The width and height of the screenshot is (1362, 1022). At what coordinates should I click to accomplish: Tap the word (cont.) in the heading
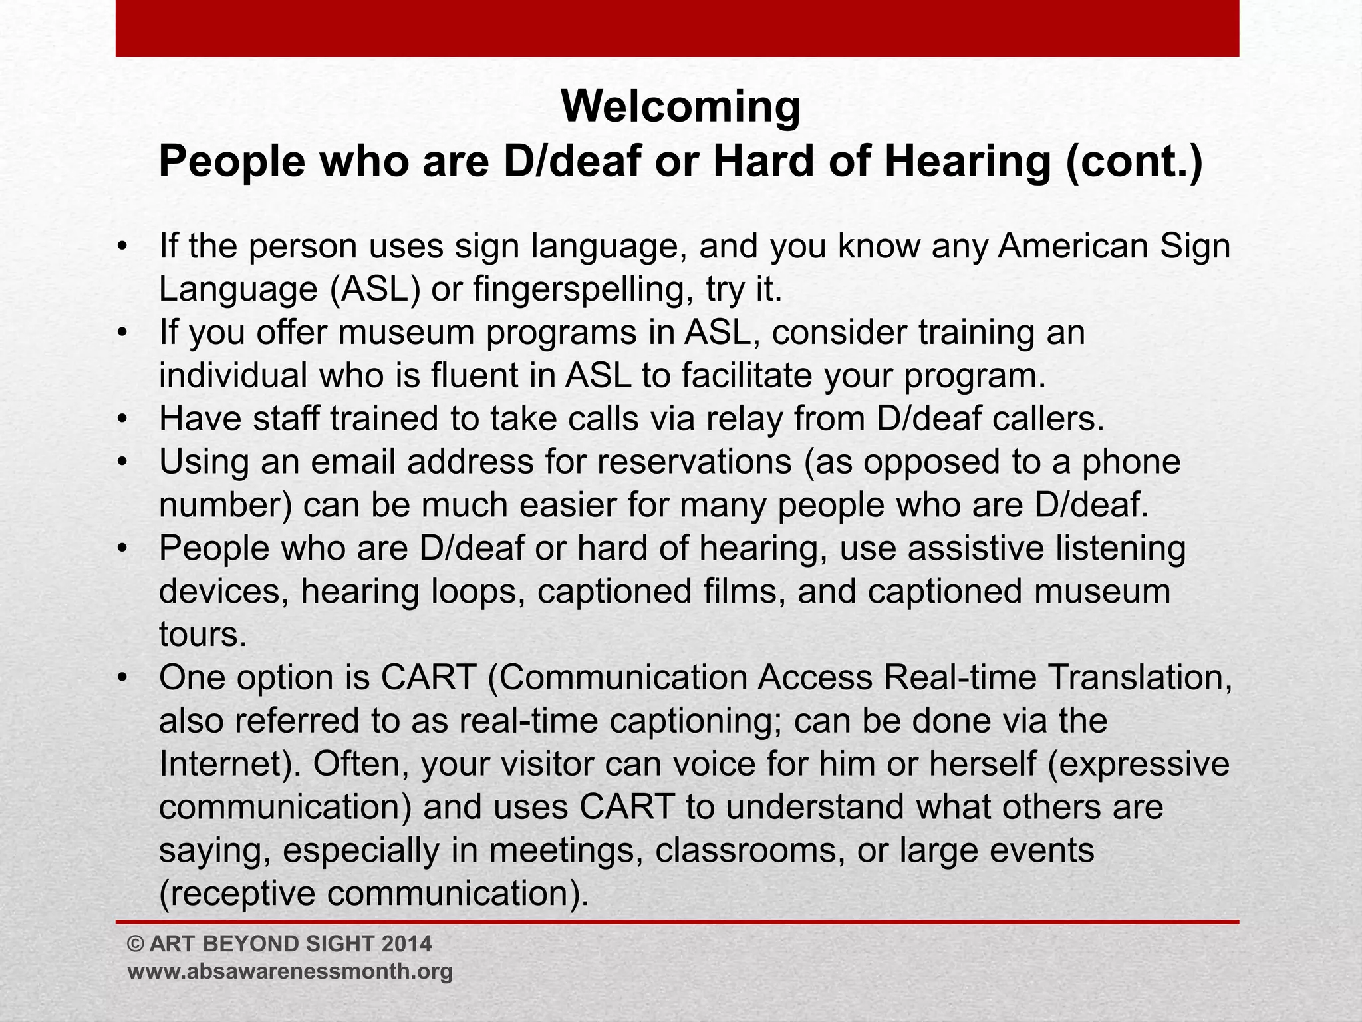[x=1135, y=163]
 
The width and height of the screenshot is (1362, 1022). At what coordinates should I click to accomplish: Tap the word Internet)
[x=230, y=765]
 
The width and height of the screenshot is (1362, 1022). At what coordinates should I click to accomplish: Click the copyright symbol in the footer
[x=135, y=943]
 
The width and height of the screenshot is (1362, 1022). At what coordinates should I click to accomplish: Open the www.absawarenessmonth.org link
[x=290, y=971]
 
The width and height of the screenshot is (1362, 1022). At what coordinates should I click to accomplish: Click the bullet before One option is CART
[x=121, y=678]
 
